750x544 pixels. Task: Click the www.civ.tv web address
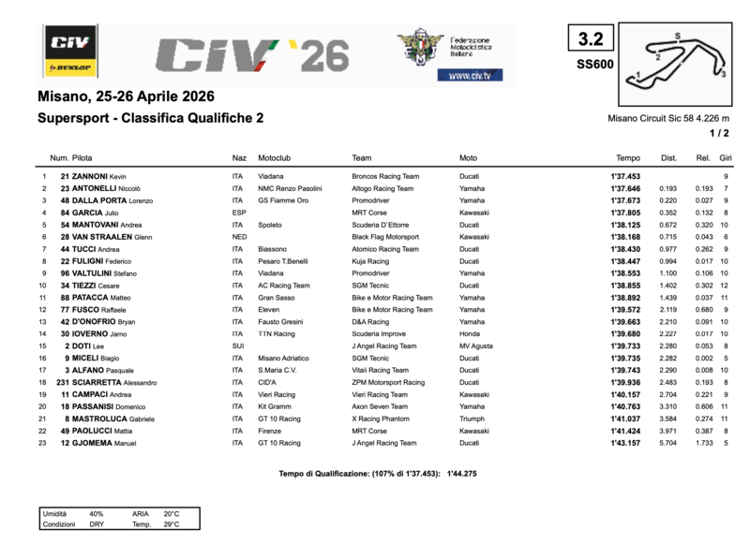475,75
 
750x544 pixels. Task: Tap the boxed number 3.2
591,38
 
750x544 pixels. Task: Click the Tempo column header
627,157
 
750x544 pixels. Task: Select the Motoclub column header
277,157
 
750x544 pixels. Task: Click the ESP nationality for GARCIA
239,213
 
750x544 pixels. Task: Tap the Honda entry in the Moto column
470,333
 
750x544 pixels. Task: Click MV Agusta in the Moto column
476,346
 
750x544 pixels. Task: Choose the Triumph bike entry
473,419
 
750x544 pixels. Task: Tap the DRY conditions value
97,524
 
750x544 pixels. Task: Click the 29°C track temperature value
171,524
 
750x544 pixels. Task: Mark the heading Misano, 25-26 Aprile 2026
126,96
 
